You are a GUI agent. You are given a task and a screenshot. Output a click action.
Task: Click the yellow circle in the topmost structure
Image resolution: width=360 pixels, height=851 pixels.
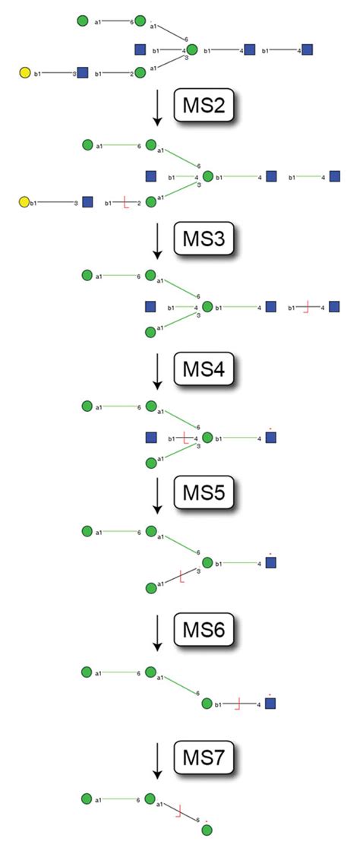pyautogui.click(x=24, y=73)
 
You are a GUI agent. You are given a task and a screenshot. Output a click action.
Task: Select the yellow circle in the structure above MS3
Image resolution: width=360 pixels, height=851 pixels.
pyautogui.click(x=24, y=202)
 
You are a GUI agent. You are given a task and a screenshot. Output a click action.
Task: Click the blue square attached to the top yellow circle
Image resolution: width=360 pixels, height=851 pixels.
pyautogui.click(x=82, y=73)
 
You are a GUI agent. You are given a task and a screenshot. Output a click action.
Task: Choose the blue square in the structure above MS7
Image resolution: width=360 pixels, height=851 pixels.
pyautogui.click(x=270, y=704)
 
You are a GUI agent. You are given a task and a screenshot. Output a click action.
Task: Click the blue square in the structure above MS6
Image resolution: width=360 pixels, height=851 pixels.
pyautogui.click(x=271, y=563)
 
